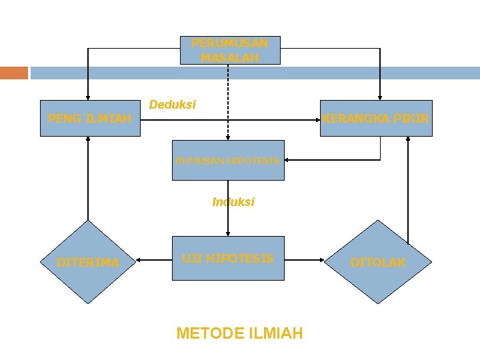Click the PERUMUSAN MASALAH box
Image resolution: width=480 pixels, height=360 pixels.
pos(230,50)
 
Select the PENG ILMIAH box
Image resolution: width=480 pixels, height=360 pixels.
pos(90,118)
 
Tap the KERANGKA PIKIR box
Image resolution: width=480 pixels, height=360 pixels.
pos(376,118)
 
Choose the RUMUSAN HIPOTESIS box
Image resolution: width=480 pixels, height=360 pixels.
pos(227,160)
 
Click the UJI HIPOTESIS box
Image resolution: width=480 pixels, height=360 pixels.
pos(227,257)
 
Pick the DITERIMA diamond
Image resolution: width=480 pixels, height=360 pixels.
pos(88,262)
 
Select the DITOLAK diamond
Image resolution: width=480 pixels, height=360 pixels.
pos(378,262)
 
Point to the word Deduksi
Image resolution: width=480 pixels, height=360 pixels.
pos(173,105)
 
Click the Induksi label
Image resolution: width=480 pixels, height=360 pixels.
pos(233,201)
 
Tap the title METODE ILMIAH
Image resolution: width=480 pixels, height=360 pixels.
pos(239,333)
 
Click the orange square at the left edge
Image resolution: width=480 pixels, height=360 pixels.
pos(13,73)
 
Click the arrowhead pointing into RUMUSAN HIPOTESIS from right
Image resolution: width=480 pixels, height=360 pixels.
pos(288,160)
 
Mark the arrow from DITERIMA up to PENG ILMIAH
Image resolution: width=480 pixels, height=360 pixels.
pos(87,180)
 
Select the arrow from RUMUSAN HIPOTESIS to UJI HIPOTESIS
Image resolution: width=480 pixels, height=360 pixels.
pos(228,213)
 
